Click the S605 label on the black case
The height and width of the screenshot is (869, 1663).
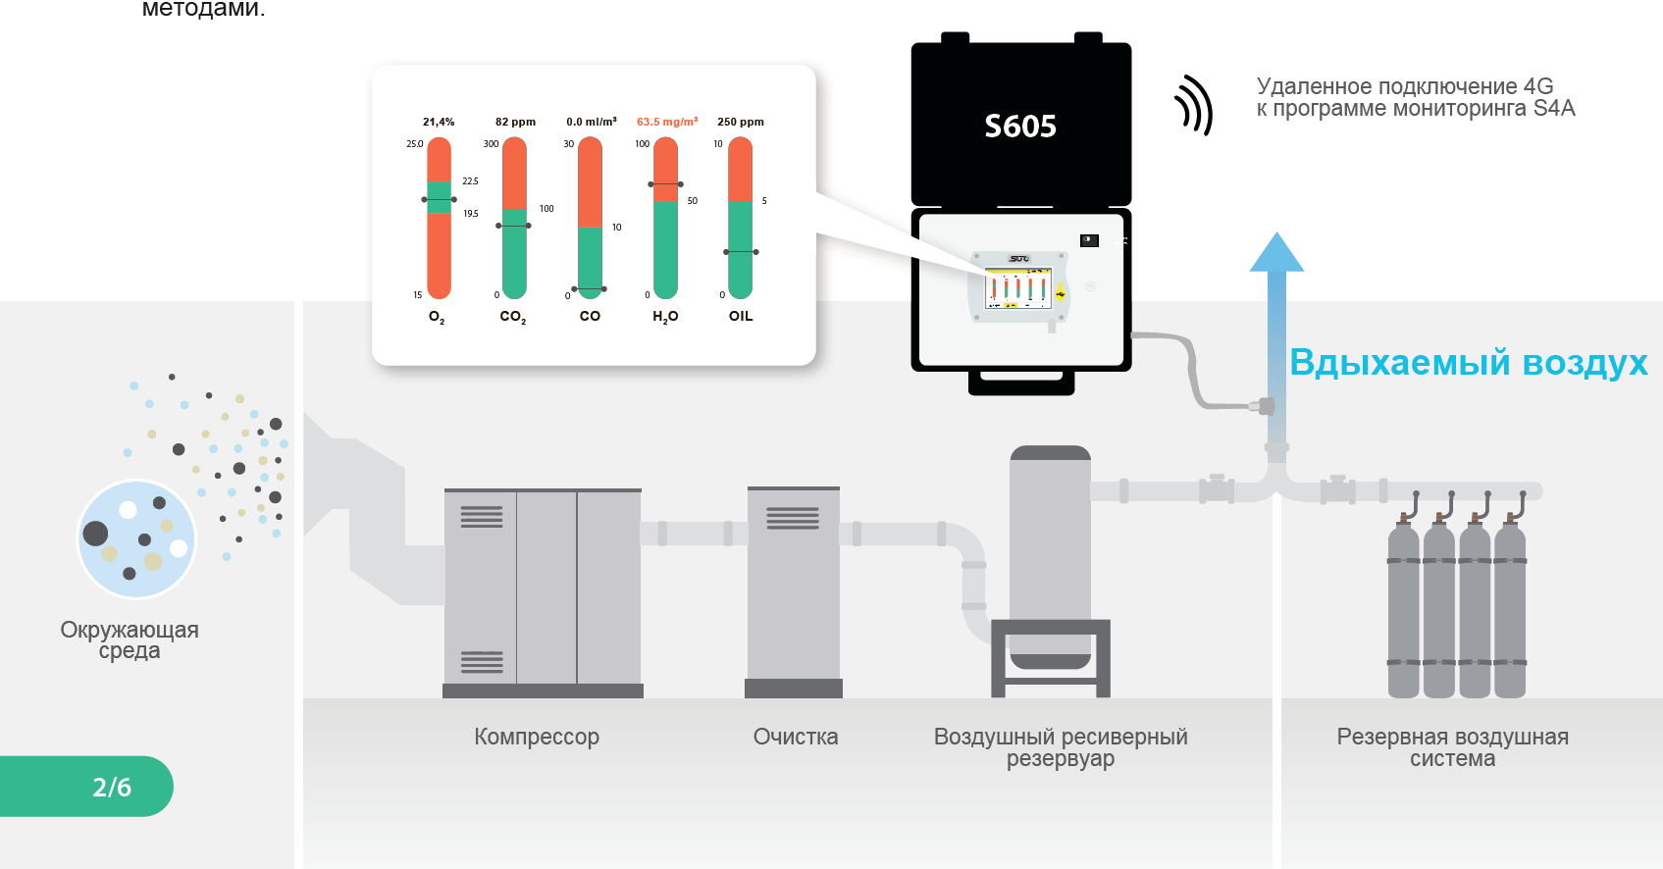1020,127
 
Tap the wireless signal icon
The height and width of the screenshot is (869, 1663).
1194,106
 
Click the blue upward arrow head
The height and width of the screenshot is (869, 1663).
1276,253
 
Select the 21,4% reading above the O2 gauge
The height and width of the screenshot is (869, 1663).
439,122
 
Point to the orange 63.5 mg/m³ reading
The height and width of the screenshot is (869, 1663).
667,122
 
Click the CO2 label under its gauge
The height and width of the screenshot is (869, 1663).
512,316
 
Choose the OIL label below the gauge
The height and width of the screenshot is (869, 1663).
741,316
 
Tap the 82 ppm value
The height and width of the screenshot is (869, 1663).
515,122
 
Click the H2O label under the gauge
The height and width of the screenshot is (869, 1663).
665,316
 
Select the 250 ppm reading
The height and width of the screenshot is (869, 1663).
741,122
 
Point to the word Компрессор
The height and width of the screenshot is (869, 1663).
537,737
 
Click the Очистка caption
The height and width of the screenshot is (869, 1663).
796,737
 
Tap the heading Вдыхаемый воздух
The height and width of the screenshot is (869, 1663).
1468,362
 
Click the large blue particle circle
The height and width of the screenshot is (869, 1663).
136,539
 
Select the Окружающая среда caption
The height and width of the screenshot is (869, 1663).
130,639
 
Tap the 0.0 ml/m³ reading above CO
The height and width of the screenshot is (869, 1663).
592,122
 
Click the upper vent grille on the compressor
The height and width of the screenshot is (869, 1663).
481,517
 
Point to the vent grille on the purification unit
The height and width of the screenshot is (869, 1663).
793,518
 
